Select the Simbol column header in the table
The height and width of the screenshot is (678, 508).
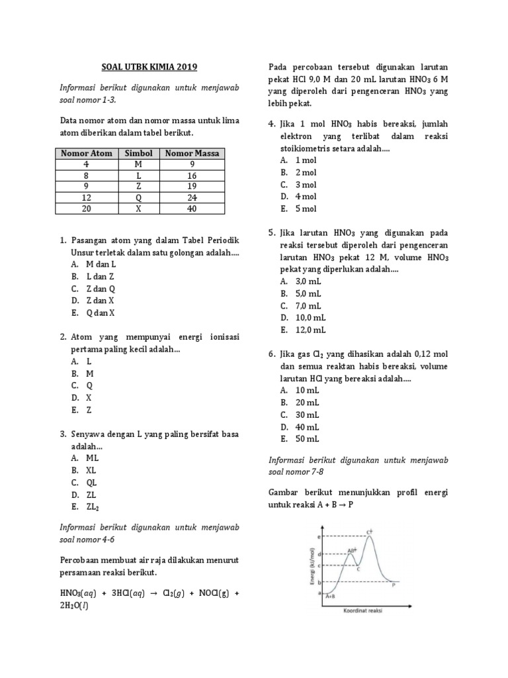click(139, 153)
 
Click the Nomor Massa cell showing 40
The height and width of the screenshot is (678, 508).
click(192, 209)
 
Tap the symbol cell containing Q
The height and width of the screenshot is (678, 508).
click(139, 197)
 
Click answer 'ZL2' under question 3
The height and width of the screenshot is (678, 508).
click(92, 507)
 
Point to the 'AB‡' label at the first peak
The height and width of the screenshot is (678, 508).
click(352, 550)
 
